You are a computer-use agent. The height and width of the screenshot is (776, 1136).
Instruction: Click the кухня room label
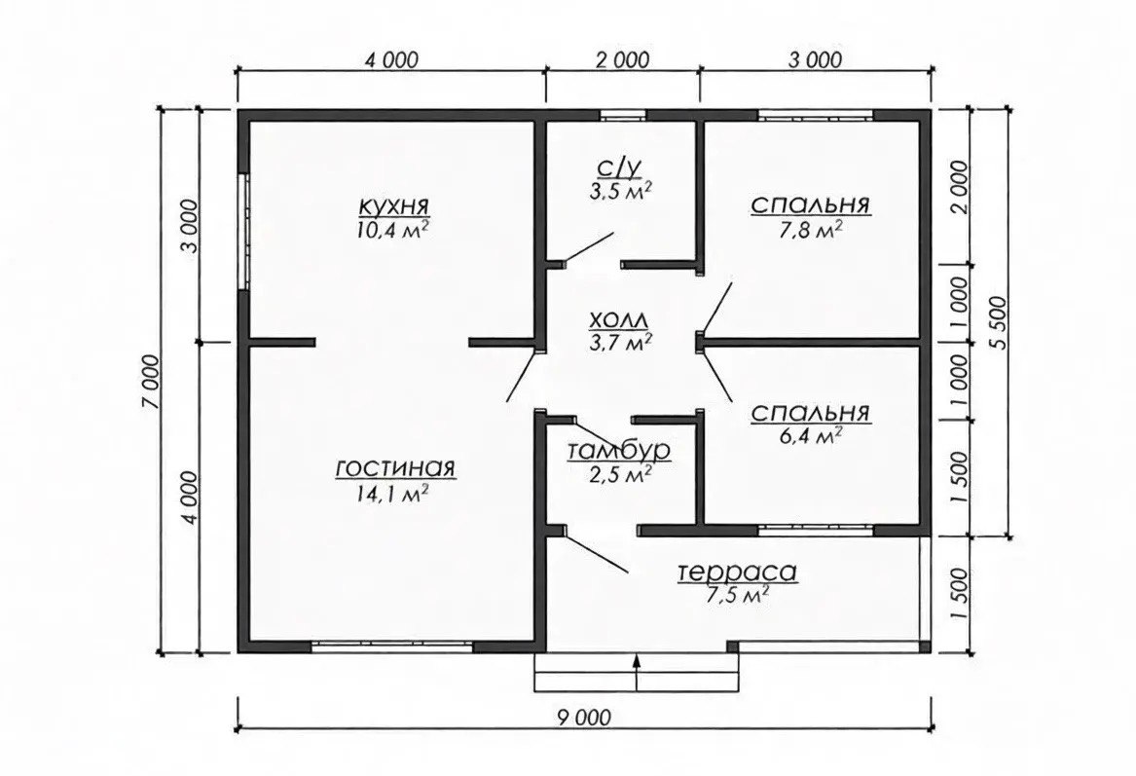[x=394, y=205]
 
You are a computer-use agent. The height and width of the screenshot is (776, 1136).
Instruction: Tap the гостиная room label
[x=395, y=468]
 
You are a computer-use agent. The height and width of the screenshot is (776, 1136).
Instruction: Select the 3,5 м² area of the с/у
[x=620, y=191]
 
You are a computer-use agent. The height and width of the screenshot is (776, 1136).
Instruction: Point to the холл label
[x=619, y=318]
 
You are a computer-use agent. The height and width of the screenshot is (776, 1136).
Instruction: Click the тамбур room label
[x=619, y=451]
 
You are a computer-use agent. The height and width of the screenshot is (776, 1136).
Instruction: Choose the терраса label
[x=738, y=572]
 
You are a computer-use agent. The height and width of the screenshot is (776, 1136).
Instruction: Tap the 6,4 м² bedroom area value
[x=810, y=435]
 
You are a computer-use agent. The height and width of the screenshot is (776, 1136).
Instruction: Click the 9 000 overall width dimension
[x=584, y=718]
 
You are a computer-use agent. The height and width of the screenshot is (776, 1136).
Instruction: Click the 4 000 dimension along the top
[x=391, y=59]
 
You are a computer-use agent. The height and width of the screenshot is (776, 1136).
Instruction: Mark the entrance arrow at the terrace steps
[x=638, y=673]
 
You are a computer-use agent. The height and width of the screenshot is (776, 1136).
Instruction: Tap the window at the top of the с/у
[x=623, y=115]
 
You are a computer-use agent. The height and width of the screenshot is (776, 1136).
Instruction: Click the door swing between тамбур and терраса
[x=596, y=554]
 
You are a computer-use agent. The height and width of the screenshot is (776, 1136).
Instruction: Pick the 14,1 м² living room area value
[x=390, y=495]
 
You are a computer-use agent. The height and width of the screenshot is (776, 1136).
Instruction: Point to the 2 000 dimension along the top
[x=622, y=59]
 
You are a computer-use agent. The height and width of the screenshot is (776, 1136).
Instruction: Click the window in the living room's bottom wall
[x=393, y=647]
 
